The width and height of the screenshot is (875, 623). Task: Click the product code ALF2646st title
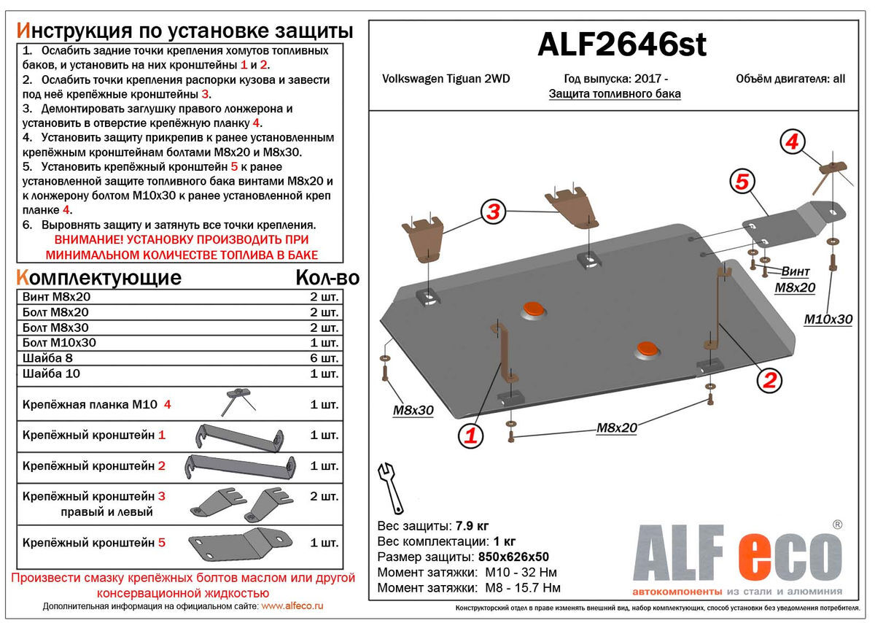pos(621,46)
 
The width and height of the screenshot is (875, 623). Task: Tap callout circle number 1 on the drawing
pos(470,436)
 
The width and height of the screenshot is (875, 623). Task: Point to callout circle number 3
pos(494,212)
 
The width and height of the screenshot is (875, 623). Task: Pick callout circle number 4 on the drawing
pos(792,142)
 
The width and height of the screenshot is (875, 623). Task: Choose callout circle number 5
pos(742,182)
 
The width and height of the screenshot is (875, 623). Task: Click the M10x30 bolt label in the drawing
pos(828,319)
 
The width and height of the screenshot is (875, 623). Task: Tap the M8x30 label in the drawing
pos(413,410)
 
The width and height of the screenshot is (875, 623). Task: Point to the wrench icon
pos(391,487)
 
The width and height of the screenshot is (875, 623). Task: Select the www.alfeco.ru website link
pos(292,606)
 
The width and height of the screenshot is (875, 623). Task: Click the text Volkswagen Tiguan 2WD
pos(446,79)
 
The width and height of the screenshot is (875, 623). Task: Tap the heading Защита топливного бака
pos(614,94)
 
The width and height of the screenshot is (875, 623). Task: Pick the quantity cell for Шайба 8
pos(324,358)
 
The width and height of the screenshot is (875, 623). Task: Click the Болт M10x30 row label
pos(59,343)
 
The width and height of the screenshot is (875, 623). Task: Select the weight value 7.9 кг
pos(472,526)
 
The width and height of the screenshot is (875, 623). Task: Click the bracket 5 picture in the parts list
pos(228,543)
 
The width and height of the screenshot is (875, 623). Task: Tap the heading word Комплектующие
pos(98,277)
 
